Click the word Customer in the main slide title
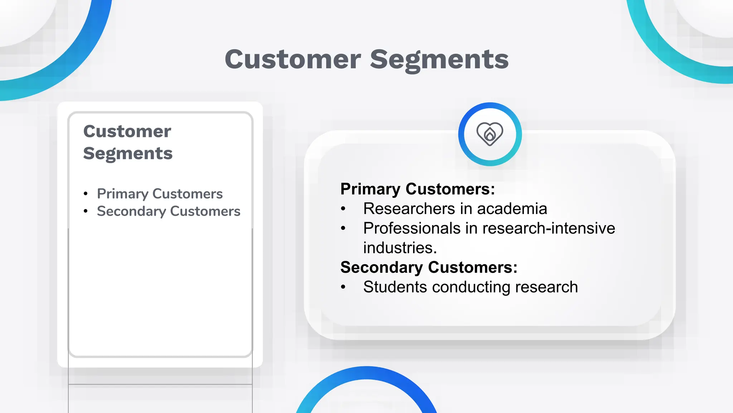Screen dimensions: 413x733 (x=293, y=60)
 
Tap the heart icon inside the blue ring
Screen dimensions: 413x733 (x=490, y=134)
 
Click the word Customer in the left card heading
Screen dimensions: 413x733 (x=127, y=131)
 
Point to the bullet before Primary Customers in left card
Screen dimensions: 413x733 (x=86, y=194)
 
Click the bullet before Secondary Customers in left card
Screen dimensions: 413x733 (x=86, y=212)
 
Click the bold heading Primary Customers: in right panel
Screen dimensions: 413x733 (x=417, y=189)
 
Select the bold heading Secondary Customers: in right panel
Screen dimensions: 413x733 (x=429, y=267)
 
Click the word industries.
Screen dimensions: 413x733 (x=399, y=248)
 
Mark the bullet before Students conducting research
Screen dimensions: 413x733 (x=343, y=287)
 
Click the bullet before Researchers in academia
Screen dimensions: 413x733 (x=343, y=209)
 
